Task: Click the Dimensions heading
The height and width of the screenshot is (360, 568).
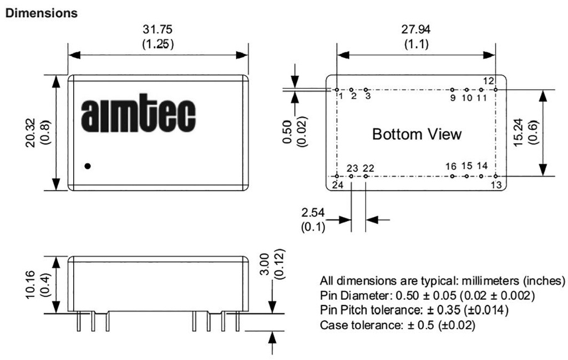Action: click(41, 13)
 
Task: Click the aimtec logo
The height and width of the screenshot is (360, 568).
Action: click(138, 113)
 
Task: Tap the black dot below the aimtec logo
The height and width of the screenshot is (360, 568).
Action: click(87, 166)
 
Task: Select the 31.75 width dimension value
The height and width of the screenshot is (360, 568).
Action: click(158, 29)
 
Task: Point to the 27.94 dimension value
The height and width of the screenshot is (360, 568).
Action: click(416, 29)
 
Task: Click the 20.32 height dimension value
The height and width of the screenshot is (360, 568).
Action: click(31, 133)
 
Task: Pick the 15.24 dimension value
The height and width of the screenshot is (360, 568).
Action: click(519, 133)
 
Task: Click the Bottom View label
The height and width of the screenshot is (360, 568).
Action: click(417, 134)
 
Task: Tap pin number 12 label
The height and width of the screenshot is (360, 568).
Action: click(488, 81)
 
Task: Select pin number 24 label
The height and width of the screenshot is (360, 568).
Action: click(337, 185)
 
